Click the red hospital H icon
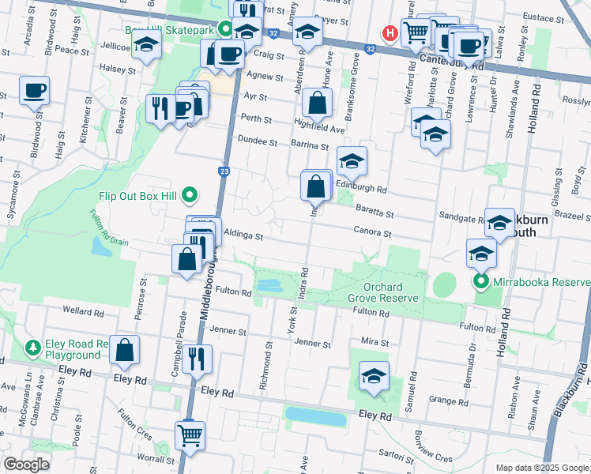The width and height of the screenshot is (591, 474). click(x=390, y=32)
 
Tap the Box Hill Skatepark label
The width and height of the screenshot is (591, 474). click(x=170, y=30)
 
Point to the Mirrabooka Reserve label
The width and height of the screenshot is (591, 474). click(x=536, y=282)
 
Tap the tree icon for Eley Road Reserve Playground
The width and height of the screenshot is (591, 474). click(x=33, y=347)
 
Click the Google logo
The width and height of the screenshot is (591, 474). click(x=26, y=465)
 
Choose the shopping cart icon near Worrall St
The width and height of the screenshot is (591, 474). click(x=190, y=434)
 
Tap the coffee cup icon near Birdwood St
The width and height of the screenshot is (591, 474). click(x=34, y=91)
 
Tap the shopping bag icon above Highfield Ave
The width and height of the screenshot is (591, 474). click(x=317, y=102)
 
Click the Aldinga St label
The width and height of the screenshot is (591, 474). click(x=243, y=235)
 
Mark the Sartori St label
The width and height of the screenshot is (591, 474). click(x=393, y=453)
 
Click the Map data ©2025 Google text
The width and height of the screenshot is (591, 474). click(x=541, y=467)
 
